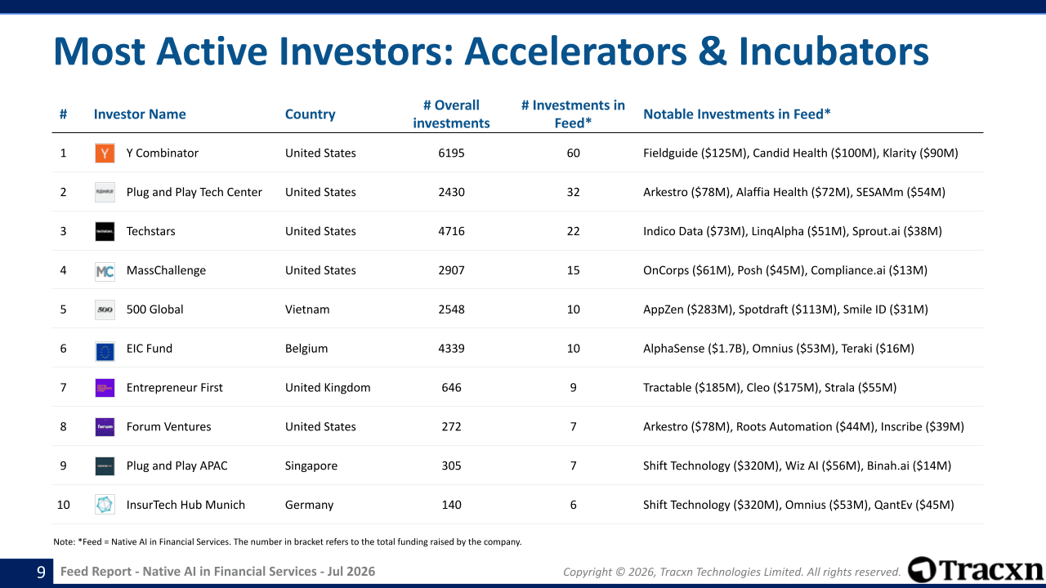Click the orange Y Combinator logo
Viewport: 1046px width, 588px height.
click(105, 153)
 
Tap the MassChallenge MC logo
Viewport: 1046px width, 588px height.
click(105, 270)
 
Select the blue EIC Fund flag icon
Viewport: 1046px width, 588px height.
click(105, 351)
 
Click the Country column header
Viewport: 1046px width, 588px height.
click(310, 114)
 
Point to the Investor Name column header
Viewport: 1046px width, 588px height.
click(140, 114)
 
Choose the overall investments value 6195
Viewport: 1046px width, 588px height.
click(451, 153)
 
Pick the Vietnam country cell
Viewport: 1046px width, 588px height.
click(307, 310)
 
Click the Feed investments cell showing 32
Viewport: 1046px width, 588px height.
click(573, 192)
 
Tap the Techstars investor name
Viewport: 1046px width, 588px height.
click(151, 231)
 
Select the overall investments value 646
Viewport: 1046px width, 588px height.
click(451, 387)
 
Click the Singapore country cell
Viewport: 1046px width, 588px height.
click(311, 465)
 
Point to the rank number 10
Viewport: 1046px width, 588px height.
click(63, 505)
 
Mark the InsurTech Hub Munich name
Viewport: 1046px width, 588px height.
click(186, 505)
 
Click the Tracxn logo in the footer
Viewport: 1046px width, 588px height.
click(976, 570)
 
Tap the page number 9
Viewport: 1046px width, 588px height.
click(41, 572)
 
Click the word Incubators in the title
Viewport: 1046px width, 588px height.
click(834, 51)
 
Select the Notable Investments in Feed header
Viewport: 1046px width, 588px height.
click(737, 114)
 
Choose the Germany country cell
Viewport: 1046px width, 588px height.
click(309, 505)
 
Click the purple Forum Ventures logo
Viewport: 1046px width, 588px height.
click(105, 426)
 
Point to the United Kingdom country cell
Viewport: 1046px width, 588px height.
click(328, 388)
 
